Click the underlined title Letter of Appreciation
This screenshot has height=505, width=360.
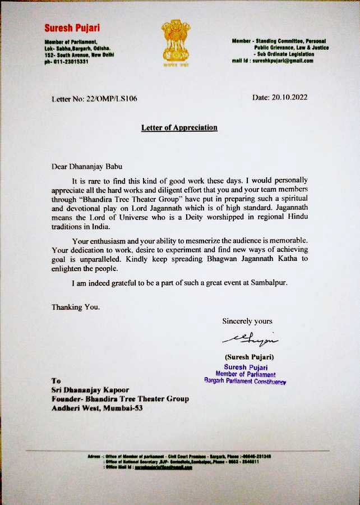tap(179, 127)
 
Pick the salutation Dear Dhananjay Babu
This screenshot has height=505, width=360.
tap(86, 166)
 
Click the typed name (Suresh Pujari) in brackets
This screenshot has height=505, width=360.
tap(250, 357)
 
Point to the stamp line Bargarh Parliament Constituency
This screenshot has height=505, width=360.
tap(246, 381)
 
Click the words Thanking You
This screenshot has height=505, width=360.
tap(76, 307)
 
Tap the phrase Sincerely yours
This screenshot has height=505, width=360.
tap(247, 321)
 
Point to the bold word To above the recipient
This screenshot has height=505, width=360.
tap(56, 380)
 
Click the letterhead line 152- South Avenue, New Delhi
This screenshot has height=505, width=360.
tap(80, 55)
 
